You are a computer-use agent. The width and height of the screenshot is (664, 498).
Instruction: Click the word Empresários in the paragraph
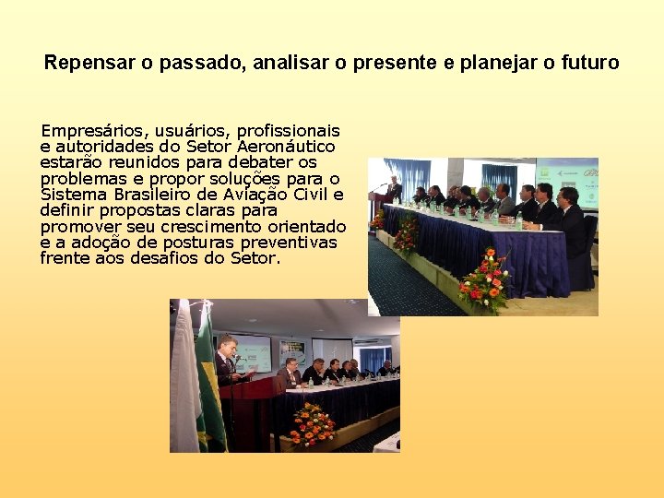[x=86, y=131]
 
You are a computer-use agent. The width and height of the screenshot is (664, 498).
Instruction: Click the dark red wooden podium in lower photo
[x=244, y=415]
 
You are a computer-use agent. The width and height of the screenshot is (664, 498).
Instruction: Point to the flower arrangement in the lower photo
[x=312, y=425]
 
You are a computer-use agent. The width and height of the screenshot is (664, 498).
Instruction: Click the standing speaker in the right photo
[x=394, y=189]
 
